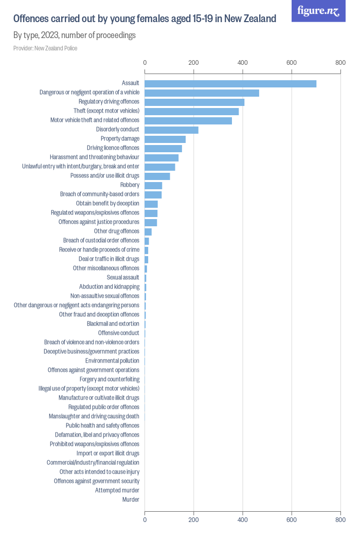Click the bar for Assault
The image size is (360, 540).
230,83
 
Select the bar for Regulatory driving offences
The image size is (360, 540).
194,102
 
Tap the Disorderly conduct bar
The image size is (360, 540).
171,130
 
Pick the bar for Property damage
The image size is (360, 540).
165,139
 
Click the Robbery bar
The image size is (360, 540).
153,185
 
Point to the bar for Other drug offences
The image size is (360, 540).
148,231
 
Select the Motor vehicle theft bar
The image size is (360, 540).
188,120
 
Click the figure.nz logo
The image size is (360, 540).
318,11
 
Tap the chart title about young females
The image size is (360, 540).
145,19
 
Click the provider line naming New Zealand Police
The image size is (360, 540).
45,48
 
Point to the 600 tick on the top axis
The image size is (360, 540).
292,63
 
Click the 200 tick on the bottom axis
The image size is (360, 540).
194,520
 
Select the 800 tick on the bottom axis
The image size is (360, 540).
340,520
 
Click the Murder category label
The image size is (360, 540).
131,499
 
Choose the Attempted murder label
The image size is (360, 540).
117,490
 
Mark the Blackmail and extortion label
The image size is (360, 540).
113,323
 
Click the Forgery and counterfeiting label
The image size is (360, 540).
110,379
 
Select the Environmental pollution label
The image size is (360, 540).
112,361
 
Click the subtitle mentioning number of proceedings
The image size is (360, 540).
75,35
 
